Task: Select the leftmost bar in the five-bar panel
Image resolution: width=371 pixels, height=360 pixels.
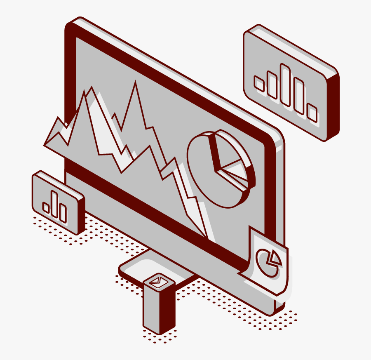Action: point(259,84)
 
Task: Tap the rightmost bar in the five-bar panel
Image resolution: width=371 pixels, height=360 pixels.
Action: point(312,113)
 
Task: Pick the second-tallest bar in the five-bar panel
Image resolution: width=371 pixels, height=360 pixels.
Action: point(299,96)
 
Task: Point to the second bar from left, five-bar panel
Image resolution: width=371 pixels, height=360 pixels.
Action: point(272,85)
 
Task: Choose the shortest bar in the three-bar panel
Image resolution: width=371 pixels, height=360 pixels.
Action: point(46,207)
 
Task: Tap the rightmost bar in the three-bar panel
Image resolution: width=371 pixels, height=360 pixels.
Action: point(63,213)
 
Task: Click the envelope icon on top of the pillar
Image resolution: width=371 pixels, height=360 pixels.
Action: point(158,282)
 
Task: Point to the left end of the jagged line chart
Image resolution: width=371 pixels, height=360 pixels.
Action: point(45,145)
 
